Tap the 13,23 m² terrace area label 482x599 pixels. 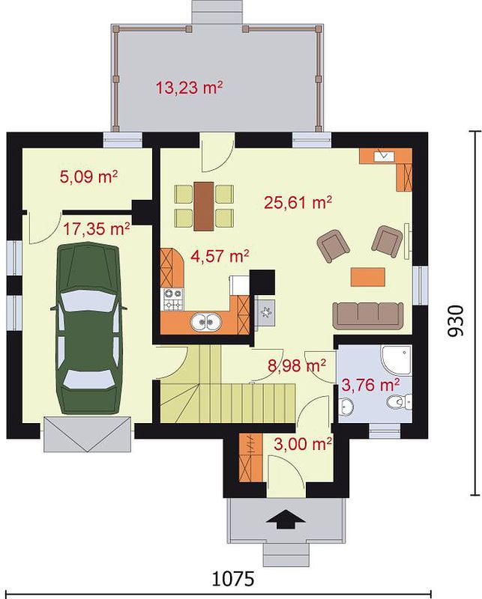click(189, 88)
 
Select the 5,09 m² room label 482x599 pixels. click(88, 177)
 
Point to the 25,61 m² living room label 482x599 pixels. click(298, 202)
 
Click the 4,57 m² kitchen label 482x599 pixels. click(220, 255)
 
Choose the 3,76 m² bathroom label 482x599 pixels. click(370, 385)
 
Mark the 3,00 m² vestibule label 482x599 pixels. click(303, 444)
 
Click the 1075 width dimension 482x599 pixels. click(233, 579)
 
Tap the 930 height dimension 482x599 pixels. click(455, 320)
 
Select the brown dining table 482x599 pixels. click(203, 207)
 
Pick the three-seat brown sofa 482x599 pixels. click(368, 316)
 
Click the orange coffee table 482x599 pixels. click(367, 276)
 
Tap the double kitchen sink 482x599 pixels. click(206, 323)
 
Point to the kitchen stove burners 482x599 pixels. click(173, 299)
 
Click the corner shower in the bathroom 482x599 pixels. click(397, 359)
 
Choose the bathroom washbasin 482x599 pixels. click(346, 405)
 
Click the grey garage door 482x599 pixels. click(88, 434)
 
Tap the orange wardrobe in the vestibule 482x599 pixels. click(250, 457)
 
